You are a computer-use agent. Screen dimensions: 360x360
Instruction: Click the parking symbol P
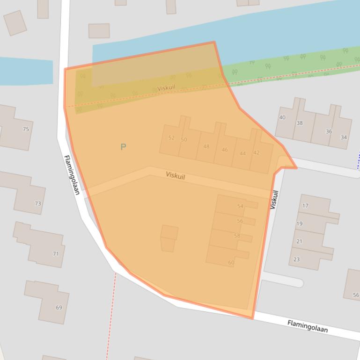coord(123,147)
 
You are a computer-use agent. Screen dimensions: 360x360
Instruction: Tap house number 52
coord(171,138)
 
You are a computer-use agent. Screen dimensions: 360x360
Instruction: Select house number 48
coord(206,146)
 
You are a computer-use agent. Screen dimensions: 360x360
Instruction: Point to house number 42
coord(256,153)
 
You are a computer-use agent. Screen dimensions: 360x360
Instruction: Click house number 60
coord(231,263)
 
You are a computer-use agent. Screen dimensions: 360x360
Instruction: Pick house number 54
coord(240,206)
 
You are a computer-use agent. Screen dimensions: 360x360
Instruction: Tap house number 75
coord(26,129)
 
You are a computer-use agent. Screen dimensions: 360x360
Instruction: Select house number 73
coord(38,203)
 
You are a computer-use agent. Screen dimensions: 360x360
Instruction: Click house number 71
coord(56,254)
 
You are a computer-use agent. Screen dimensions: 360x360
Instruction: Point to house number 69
coord(59,307)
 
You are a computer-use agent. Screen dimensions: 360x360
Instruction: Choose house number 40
coord(282,117)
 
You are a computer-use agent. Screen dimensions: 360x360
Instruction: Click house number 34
coord(344,137)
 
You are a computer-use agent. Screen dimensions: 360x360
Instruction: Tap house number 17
coord(306,206)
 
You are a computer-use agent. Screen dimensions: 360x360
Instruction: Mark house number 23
coord(296,259)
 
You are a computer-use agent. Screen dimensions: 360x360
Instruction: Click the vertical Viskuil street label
coord(274,200)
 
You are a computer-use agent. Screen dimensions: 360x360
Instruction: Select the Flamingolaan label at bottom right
coord(308,326)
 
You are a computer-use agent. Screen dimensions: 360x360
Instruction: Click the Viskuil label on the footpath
coord(166,88)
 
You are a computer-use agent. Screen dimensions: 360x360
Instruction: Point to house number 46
coord(225,150)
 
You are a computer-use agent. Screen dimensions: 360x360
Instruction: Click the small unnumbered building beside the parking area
coord(169,238)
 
